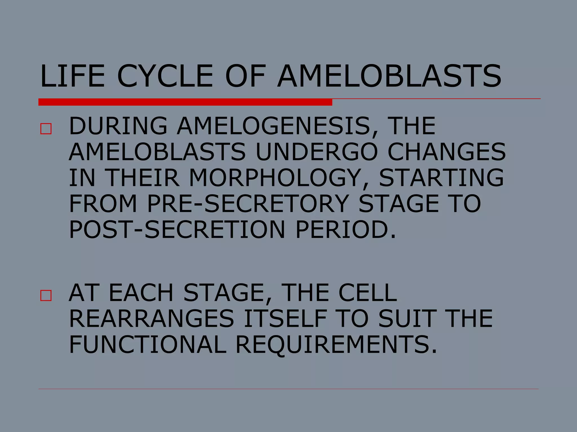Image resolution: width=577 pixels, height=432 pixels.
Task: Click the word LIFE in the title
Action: tap(73, 76)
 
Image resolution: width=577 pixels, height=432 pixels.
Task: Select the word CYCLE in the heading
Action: tap(165, 76)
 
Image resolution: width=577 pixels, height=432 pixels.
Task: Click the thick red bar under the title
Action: tap(185, 102)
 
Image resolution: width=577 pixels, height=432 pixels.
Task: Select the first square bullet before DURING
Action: tap(46, 129)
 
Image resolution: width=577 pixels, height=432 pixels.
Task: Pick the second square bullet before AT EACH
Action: tap(46, 296)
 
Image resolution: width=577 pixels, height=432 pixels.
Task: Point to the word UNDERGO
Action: tap(317, 152)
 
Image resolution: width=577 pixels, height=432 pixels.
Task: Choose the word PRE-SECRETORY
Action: tap(248, 204)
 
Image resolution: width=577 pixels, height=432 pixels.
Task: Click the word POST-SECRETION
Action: tap(177, 229)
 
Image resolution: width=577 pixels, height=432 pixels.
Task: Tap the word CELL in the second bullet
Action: tap(367, 293)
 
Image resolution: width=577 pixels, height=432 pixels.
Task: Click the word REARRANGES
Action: tap(152, 319)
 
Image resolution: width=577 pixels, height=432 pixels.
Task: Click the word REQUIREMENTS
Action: tap(336, 345)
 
